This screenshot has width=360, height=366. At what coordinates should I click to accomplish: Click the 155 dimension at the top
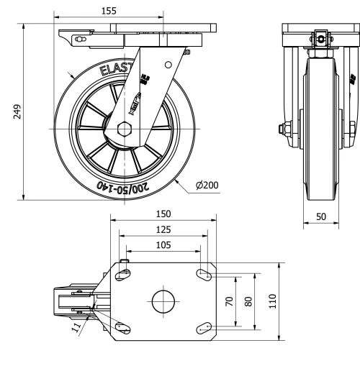109,11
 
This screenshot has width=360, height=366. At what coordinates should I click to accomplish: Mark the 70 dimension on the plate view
230,301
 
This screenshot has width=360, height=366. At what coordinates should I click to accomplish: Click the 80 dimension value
248,301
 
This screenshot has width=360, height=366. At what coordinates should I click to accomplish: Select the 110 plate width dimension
272,301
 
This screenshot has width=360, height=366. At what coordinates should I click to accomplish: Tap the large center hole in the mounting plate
164,301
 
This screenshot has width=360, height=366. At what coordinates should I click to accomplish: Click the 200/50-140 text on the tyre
127,188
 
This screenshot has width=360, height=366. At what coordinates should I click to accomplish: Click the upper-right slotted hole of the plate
205,274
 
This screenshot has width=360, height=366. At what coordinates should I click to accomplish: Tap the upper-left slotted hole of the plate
123,273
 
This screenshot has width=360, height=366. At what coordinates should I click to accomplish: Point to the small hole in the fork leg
167,65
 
